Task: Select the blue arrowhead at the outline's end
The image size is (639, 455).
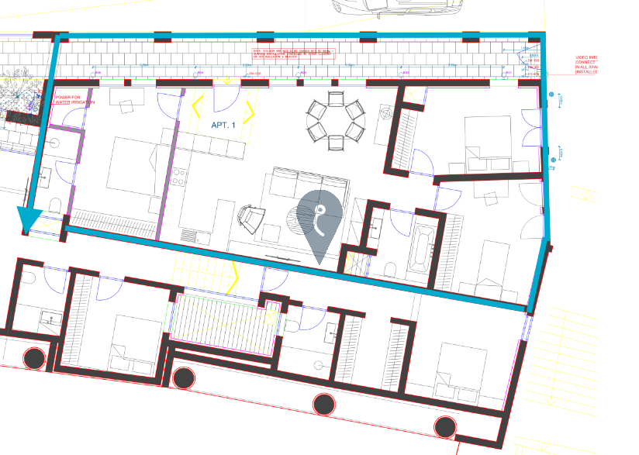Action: (29, 219)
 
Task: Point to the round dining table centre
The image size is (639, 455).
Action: (336, 121)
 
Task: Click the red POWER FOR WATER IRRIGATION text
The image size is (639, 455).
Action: (74, 100)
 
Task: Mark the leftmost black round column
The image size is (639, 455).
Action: (34, 359)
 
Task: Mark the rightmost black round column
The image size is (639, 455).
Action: (444, 426)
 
